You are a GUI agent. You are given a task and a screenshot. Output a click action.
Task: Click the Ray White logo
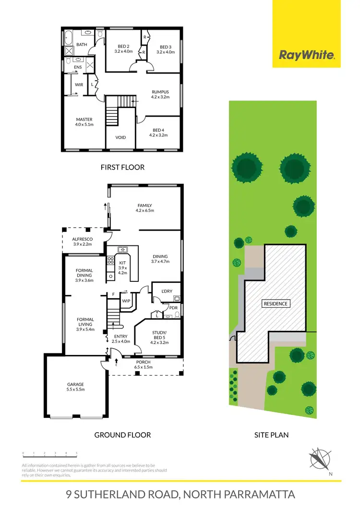[x=307, y=55]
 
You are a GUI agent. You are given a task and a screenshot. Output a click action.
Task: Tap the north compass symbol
[x=319, y=459]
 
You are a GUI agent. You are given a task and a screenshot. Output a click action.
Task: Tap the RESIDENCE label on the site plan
[x=276, y=304]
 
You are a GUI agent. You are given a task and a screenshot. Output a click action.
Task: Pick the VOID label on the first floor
[x=121, y=137]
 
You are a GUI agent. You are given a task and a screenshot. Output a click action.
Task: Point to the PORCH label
[x=144, y=363]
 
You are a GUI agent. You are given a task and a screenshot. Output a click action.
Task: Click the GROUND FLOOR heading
[x=122, y=435]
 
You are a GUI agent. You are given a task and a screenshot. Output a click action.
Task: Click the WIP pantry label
[x=126, y=301]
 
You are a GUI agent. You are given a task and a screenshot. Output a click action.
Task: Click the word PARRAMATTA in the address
[x=253, y=494]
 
